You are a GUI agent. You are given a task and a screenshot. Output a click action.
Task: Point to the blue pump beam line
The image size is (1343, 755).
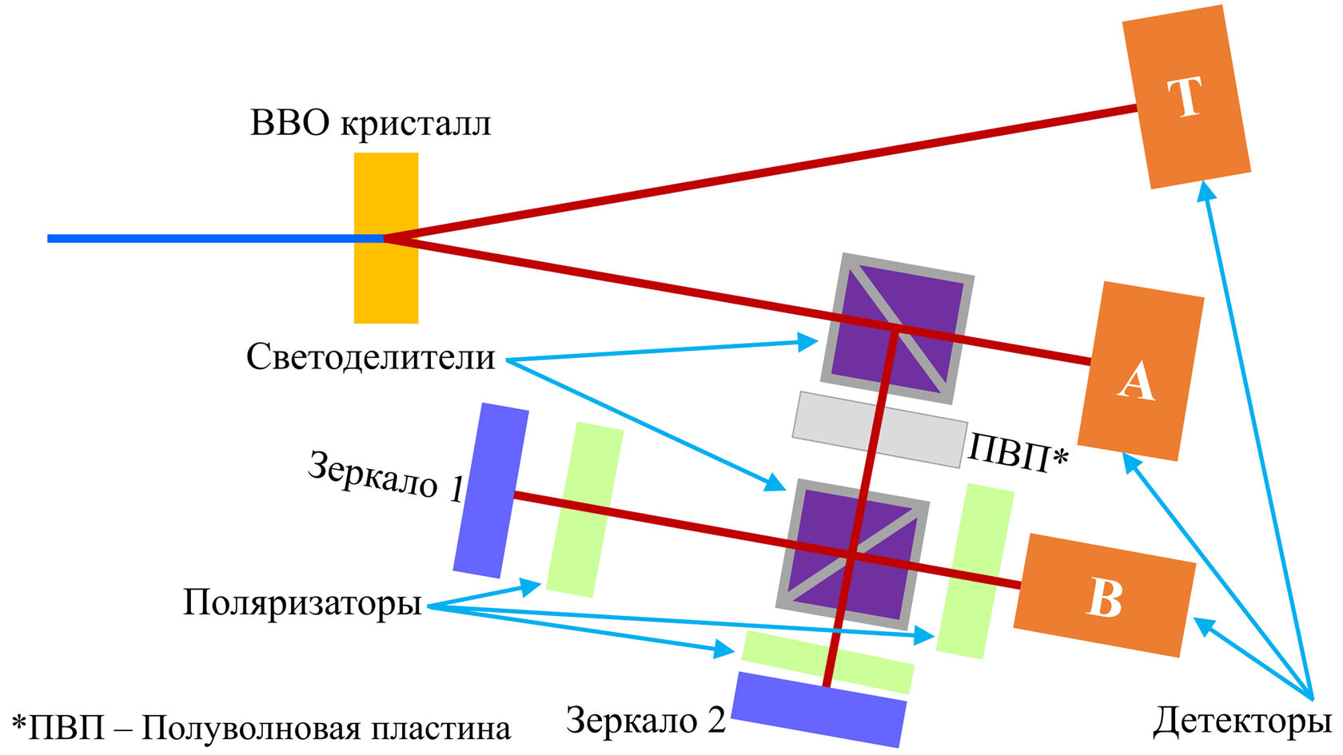tap(200, 238)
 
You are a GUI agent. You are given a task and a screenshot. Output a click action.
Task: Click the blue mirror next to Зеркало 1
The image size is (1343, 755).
tap(490, 490)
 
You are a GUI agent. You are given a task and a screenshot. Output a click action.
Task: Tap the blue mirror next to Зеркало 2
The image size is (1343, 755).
tap(819, 709)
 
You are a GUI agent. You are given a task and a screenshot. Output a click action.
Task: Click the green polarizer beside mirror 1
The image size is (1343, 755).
tap(584, 510)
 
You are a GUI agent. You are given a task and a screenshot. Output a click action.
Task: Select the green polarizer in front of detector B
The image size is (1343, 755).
tap(974, 570)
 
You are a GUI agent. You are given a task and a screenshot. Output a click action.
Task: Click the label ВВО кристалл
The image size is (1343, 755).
tap(370, 124)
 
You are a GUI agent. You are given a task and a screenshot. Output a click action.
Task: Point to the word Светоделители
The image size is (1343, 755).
tap(370, 357)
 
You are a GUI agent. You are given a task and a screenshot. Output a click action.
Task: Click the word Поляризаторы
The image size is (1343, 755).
tap(302, 602)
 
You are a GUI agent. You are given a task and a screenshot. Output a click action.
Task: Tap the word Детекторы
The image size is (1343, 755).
tap(1241, 721)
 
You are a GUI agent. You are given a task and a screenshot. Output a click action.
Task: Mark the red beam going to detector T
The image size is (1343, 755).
tap(759, 172)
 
